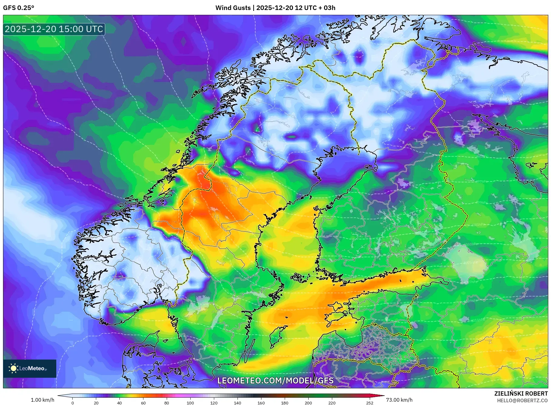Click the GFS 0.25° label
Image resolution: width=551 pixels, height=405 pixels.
click(x=18, y=8)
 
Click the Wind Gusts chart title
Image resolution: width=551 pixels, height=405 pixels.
click(x=275, y=8)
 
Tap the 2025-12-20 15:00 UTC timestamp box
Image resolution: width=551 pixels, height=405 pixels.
click(x=54, y=29)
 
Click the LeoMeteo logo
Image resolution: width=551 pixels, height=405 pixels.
click(x=30, y=368)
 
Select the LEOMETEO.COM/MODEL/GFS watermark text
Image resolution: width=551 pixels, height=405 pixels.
click(x=275, y=380)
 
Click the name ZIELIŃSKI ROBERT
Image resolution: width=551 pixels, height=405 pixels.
click(x=521, y=393)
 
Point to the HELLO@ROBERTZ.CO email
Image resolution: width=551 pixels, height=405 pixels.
click(x=522, y=400)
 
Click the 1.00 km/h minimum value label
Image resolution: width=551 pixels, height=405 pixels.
click(x=43, y=400)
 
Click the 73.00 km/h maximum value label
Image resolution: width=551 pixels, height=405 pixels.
click(x=399, y=400)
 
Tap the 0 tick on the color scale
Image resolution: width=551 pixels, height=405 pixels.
click(x=73, y=403)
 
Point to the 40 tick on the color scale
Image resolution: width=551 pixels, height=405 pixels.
click(x=120, y=403)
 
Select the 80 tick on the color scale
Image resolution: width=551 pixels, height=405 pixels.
click(x=167, y=403)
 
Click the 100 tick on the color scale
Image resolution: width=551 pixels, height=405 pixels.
click(x=190, y=403)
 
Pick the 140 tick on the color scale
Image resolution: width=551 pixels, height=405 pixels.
click(x=237, y=403)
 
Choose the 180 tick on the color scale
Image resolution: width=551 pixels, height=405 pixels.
click(x=284, y=403)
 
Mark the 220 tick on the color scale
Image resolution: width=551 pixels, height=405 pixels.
click(x=332, y=403)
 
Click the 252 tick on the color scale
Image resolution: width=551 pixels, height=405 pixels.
click(x=369, y=403)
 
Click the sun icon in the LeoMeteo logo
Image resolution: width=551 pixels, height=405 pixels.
click(x=13, y=368)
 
